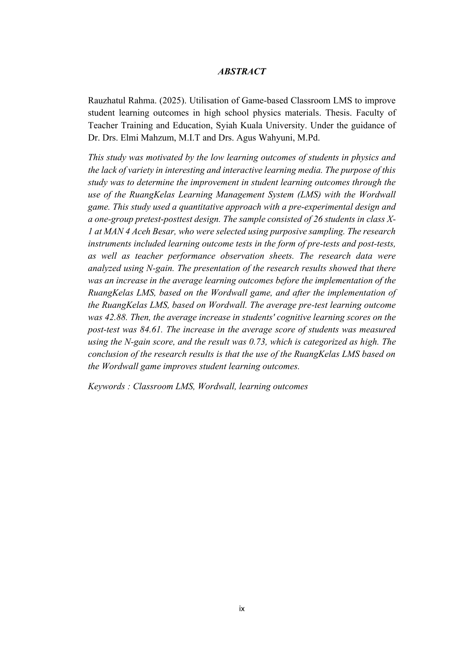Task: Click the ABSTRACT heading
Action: (242, 72)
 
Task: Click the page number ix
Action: (242, 609)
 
